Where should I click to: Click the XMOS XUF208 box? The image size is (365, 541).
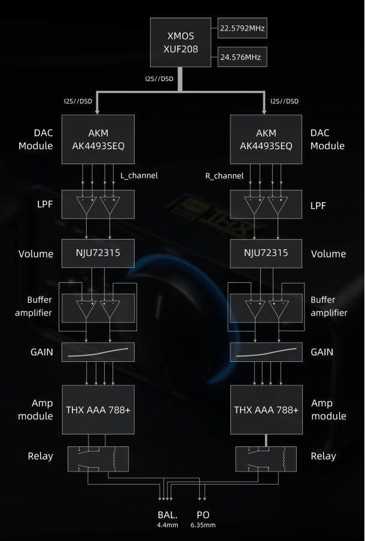(181, 43)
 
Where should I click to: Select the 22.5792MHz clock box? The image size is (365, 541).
(242, 28)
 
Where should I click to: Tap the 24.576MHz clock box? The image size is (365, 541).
(242, 57)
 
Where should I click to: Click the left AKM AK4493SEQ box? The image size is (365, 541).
(98, 140)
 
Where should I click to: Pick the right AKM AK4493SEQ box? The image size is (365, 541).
(266, 140)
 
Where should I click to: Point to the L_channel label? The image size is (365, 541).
(139, 176)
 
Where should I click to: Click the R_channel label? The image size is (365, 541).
(224, 176)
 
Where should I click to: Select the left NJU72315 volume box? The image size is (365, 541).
(98, 253)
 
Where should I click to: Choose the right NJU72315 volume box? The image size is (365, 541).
(266, 253)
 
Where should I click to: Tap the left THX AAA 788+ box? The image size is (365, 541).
(98, 410)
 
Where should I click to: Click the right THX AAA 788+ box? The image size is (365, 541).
(266, 410)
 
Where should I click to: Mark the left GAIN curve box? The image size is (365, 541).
(98, 352)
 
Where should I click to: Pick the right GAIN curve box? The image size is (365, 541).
(266, 352)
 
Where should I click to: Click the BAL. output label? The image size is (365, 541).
(168, 515)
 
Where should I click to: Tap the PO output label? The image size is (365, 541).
(203, 515)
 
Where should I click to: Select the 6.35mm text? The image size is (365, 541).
(203, 525)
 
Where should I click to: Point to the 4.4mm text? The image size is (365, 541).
(168, 525)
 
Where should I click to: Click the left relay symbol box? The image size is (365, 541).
(98, 459)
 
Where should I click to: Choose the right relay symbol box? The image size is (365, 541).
(266, 459)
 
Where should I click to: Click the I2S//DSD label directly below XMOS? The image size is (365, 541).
(159, 78)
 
